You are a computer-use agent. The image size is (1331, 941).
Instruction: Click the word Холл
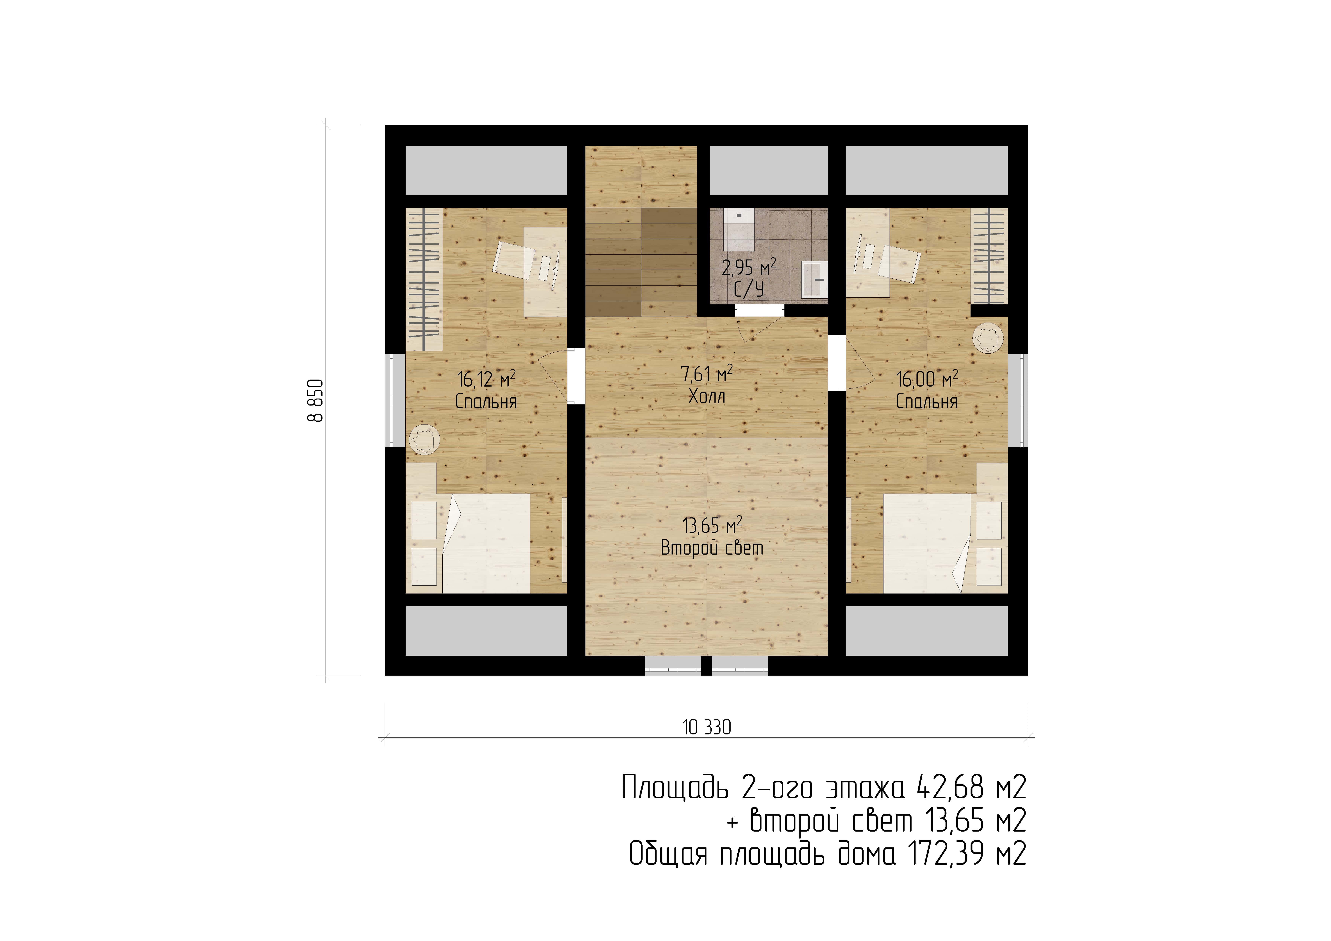(707, 397)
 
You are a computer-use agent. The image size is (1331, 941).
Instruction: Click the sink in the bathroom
(814, 279)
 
